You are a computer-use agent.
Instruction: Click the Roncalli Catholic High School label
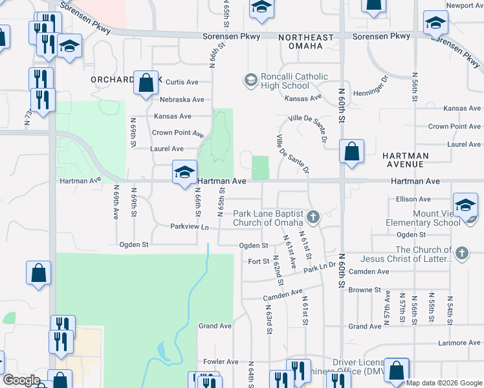pos(285,81)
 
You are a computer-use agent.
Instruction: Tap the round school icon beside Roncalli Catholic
pos(250,80)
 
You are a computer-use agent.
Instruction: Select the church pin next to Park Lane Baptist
pos(313,217)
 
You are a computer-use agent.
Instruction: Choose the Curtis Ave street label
pos(182,82)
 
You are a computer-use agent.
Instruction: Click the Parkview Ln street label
pos(190,227)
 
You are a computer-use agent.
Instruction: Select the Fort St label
pos(258,261)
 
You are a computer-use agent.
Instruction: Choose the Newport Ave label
pos(464,5)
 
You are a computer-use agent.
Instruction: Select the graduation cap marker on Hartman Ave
pos(184,172)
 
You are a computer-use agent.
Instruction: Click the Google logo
pos(22,380)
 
